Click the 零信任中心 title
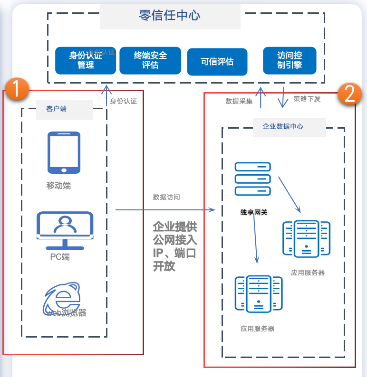tap(170, 16)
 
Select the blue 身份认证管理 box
tap(86, 61)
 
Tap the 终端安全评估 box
tap(150, 61)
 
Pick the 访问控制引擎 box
tap(290, 61)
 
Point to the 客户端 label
tap(57, 109)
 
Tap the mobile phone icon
tap(64, 152)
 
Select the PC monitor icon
tap(65, 230)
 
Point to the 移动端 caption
tap(58, 186)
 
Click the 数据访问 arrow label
tap(166, 197)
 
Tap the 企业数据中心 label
tap(283, 127)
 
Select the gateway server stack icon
tap(252, 179)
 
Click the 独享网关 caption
tap(254, 212)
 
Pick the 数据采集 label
tap(239, 101)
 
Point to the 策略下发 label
tap(307, 99)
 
